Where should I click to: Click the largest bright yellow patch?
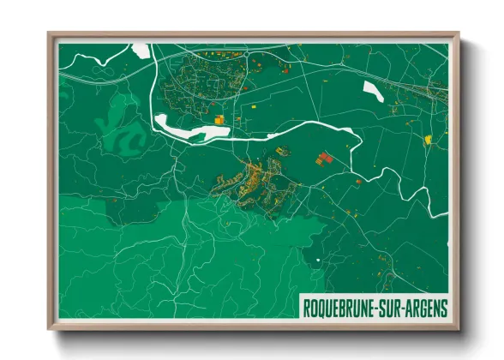coord(428,138)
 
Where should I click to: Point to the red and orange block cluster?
coord(324,158)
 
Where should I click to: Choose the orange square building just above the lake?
coord(219,120)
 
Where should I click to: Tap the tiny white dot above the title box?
coord(316,261)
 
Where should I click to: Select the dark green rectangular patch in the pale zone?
coord(124,208)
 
